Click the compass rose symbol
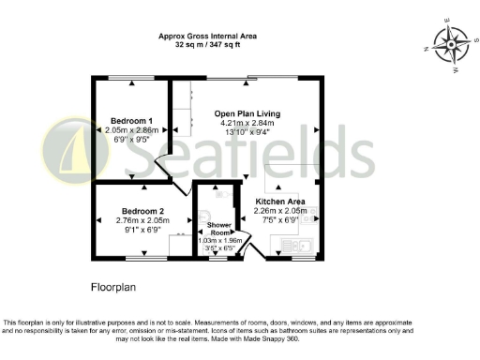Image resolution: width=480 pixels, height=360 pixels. pyautogui.click(x=450, y=43)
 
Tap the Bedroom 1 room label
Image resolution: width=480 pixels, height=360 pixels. pyautogui.click(x=132, y=121)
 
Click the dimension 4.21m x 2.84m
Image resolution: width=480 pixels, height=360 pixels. pyautogui.click(x=247, y=123)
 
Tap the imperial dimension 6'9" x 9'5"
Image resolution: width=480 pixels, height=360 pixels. pyautogui.click(x=132, y=140)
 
